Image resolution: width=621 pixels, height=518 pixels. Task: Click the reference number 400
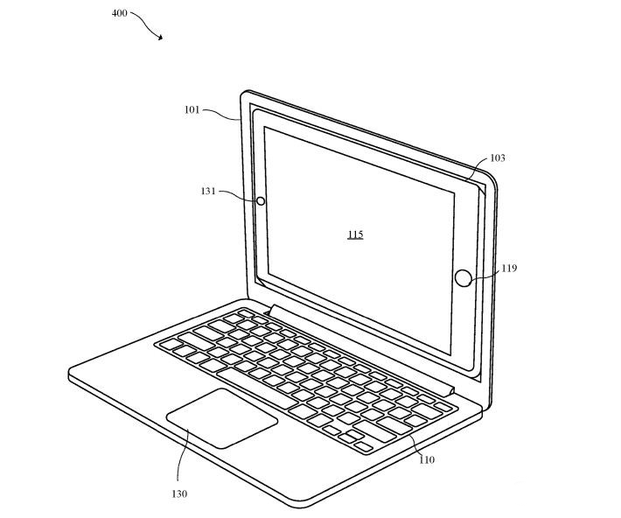119,13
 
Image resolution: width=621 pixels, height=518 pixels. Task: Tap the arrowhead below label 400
160,38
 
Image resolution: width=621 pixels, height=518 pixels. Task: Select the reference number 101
192,109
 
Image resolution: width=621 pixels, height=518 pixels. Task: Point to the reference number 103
498,157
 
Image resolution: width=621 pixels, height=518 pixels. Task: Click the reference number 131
208,191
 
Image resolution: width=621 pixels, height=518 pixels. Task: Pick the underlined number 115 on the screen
355,234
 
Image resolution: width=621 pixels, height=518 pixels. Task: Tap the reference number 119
509,269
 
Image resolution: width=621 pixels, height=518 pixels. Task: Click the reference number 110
427,459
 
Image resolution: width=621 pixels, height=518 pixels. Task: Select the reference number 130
179,493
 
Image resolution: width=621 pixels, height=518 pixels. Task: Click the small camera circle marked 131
261,201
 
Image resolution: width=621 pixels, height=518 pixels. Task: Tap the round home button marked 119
463,278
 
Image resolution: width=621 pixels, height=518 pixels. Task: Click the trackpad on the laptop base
222,418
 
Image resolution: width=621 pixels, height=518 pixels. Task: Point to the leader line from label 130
181,455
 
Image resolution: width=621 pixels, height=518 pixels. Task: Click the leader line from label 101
221,114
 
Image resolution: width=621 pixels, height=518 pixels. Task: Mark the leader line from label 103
476,169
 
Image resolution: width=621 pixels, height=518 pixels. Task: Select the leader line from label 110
417,445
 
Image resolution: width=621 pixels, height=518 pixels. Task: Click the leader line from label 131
238,195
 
